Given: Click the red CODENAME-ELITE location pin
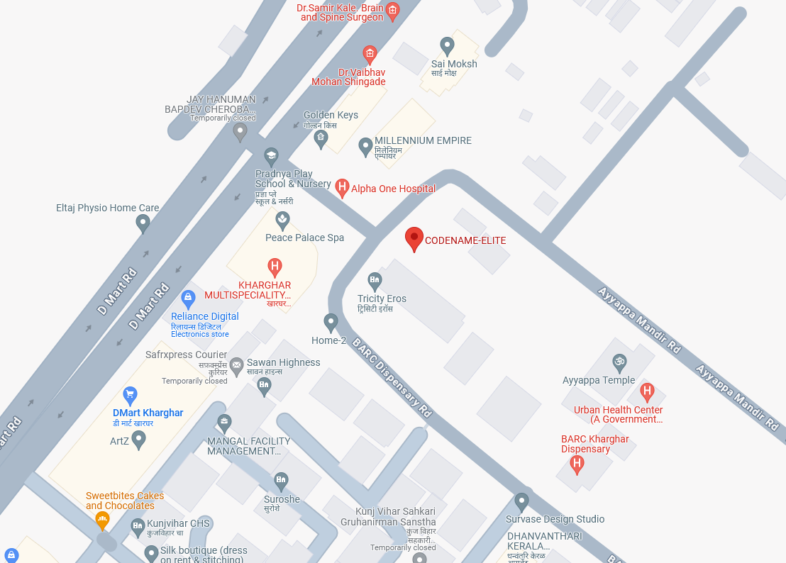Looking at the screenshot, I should tap(414, 238).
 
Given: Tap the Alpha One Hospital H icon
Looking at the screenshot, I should tap(342, 188).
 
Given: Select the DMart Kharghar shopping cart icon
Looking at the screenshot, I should tap(130, 395).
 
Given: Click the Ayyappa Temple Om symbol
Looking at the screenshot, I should tap(619, 362).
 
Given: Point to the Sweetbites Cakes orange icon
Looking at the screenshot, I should tap(102, 520).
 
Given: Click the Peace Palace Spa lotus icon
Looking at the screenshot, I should tap(283, 220).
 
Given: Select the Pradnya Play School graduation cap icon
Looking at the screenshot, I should tap(271, 156).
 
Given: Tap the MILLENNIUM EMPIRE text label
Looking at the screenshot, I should tap(423, 140).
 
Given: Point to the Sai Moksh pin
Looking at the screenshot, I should tap(447, 45).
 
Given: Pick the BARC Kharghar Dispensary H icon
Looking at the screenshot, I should tap(577, 464).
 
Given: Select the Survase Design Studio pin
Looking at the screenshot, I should tap(522, 501).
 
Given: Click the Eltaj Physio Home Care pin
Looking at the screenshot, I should tap(143, 223).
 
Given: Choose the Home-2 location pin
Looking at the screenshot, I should tap(331, 323).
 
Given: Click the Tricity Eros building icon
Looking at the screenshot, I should tap(375, 281).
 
